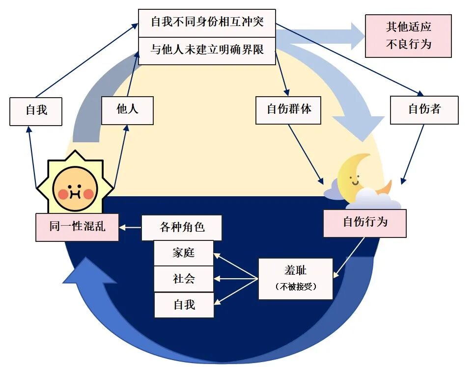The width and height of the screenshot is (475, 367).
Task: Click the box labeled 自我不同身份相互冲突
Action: (x=207, y=23)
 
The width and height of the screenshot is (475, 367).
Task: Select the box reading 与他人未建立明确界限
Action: (x=207, y=50)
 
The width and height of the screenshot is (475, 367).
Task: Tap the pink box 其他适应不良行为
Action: (x=408, y=36)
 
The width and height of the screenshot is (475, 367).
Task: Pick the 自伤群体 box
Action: (x=289, y=110)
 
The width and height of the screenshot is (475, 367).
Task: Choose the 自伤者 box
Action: (x=424, y=110)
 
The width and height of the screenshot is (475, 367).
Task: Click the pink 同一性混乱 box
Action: (x=77, y=227)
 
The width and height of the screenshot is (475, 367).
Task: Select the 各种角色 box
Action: (x=182, y=228)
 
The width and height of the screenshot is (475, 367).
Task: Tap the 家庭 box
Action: (x=184, y=253)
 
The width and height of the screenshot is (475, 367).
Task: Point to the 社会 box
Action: (x=184, y=279)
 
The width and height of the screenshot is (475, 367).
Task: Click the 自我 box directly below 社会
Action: (x=184, y=305)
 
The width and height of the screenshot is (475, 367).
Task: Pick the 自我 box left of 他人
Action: (x=36, y=110)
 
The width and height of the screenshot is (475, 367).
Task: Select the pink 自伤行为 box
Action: (x=364, y=223)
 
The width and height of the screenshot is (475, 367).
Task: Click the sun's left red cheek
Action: (x=63, y=194)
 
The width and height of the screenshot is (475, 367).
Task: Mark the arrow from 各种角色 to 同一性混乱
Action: (x=130, y=228)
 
